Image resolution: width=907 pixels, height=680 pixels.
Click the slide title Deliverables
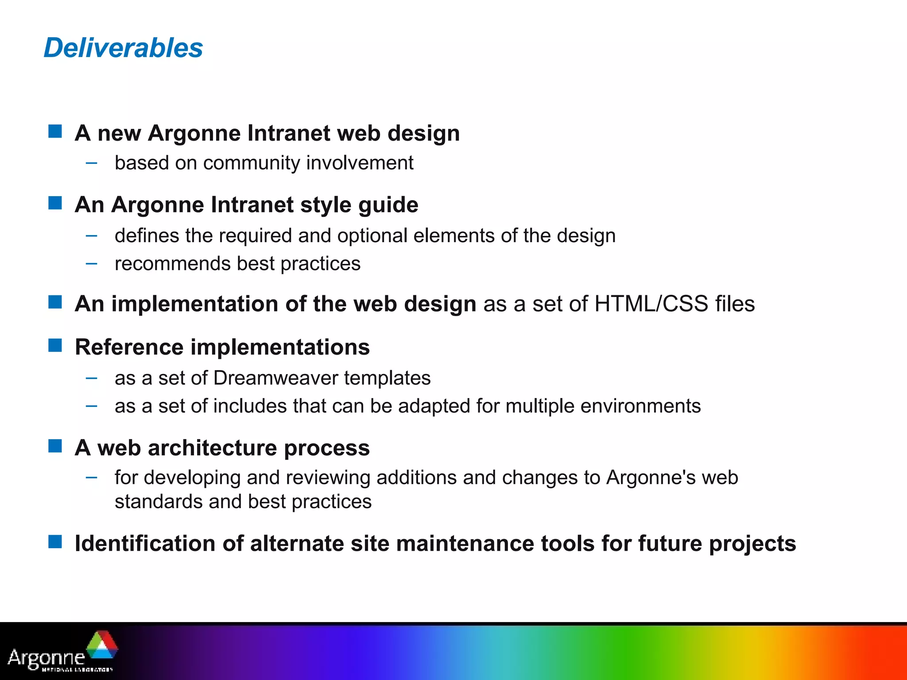tap(123, 48)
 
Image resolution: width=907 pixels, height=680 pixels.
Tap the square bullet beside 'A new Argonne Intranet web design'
tap(55, 131)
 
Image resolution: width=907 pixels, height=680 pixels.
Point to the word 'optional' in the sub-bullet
tap(372, 236)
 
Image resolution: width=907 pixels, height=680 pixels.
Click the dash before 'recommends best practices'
tap(92, 264)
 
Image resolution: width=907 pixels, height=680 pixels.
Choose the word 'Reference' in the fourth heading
tap(129, 347)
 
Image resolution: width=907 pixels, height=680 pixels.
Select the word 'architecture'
tap(212, 448)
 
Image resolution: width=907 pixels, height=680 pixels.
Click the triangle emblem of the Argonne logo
tap(102, 646)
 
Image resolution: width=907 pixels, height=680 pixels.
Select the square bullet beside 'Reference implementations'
tap(55, 345)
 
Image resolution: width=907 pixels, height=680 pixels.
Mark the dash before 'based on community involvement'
tap(92, 163)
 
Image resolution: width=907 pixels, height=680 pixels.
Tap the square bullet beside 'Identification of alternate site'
tap(55, 541)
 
